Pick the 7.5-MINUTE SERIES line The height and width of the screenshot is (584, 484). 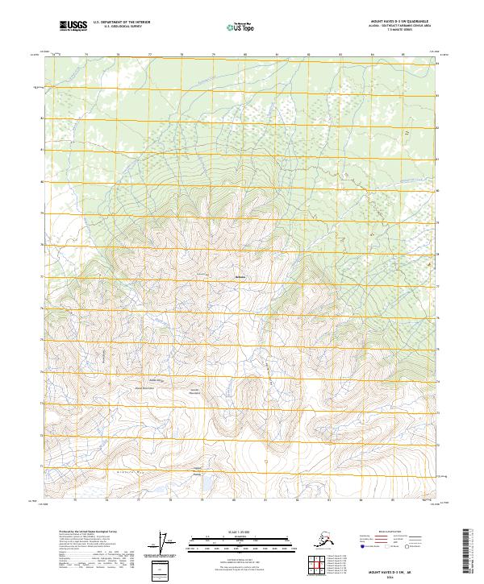point(390,32)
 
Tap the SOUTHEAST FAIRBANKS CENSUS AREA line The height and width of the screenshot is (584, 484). point(390,27)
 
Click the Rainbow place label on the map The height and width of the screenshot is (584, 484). point(239,279)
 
